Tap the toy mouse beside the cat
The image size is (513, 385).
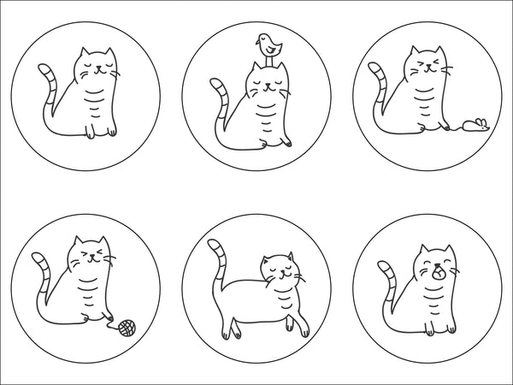coord(474,127)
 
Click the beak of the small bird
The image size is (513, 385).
coord(259,39)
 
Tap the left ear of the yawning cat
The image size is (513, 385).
coord(423,251)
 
